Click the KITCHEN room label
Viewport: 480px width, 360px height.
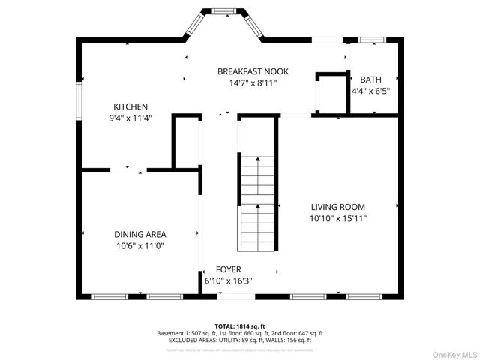pos(130,106)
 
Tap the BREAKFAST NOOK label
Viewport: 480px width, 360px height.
pos(253,71)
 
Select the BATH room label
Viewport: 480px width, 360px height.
pos(370,79)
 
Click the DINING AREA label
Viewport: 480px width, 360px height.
pos(140,234)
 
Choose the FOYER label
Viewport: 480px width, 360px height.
pos(229,269)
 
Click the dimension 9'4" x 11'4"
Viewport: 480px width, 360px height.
pos(130,118)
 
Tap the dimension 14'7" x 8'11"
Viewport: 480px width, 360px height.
pos(253,83)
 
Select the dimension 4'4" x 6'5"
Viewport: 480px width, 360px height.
pos(370,91)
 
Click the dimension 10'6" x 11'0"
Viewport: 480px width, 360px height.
pos(140,246)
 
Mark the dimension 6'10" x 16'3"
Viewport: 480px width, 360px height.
pos(229,281)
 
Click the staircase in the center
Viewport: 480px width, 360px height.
pos(256,202)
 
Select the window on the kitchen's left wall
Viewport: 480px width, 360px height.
pos(79,100)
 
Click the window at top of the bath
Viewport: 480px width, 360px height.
pos(370,39)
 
